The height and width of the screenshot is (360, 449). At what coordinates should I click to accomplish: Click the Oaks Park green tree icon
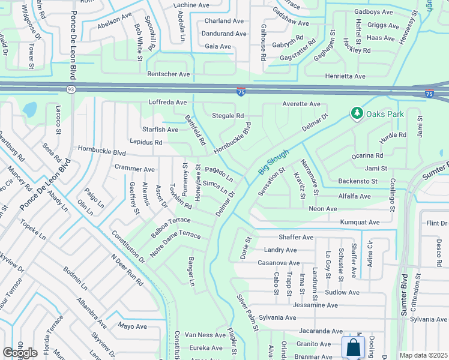click(357, 113)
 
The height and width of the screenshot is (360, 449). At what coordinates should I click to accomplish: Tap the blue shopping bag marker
click(353, 347)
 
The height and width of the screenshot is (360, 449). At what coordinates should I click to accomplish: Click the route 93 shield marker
click(71, 89)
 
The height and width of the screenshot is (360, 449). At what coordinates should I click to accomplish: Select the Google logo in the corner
click(20, 353)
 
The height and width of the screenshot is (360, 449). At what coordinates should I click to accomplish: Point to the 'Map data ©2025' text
click(423, 355)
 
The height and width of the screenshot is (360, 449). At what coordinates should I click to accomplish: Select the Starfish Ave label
click(160, 130)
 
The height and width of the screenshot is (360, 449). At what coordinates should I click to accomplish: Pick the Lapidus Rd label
click(146, 143)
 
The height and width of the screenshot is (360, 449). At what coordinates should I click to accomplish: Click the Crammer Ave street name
click(134, 169)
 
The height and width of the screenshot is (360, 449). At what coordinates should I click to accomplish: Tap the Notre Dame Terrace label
click(175, 242)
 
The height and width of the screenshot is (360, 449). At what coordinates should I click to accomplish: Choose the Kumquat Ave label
click(360, 223)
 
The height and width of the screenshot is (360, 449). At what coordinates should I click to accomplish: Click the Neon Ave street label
click(322, 209)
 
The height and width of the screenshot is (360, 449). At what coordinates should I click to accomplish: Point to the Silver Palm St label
click(247, 312)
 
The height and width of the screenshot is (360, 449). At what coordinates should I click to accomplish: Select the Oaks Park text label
click(386, 114)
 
